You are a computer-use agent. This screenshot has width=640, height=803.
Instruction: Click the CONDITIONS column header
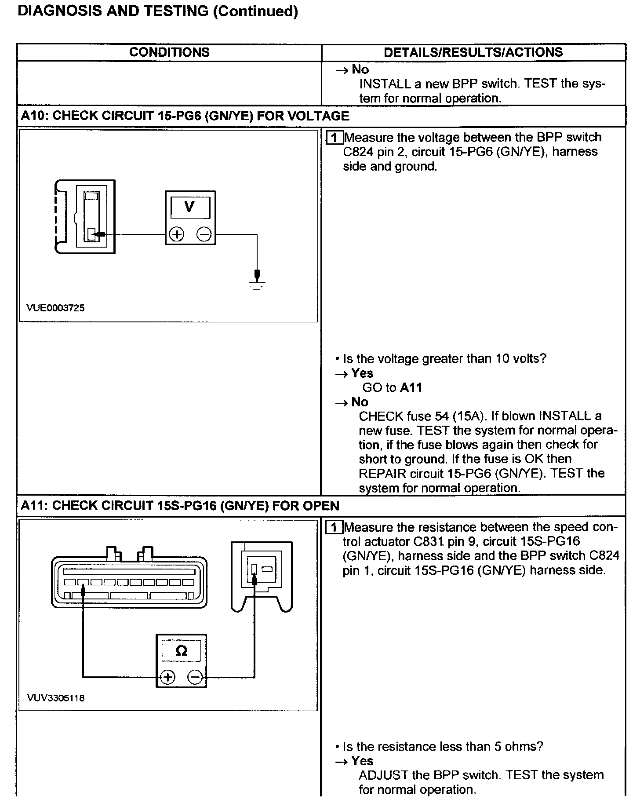click(x=169, y=52)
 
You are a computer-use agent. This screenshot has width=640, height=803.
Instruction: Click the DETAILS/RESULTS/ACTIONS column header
click(x=473, y=52)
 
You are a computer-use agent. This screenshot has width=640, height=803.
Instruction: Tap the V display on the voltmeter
click(x=190, y=207)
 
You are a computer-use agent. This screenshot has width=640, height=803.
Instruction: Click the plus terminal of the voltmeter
click(x=177, y=234)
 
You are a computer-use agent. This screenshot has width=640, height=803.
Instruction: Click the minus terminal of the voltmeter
click(x=204, y=234)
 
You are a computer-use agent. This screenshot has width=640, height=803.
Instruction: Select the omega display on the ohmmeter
click(x=181, y=651)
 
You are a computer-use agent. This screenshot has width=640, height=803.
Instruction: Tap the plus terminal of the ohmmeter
click(x=167, y=677)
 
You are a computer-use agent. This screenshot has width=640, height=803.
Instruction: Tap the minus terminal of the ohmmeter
click(x=196, y=677)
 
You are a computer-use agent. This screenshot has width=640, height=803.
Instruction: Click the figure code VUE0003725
click(x=55, y=308)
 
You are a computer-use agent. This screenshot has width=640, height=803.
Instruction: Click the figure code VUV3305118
click(x=55, y=698)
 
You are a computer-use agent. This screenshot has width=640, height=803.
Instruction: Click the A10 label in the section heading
click(x=33, y=116)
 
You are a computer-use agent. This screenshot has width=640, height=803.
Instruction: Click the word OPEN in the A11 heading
click(x=321, y=506)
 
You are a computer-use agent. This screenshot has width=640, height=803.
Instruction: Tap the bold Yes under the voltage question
click(x=362, y=373)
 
